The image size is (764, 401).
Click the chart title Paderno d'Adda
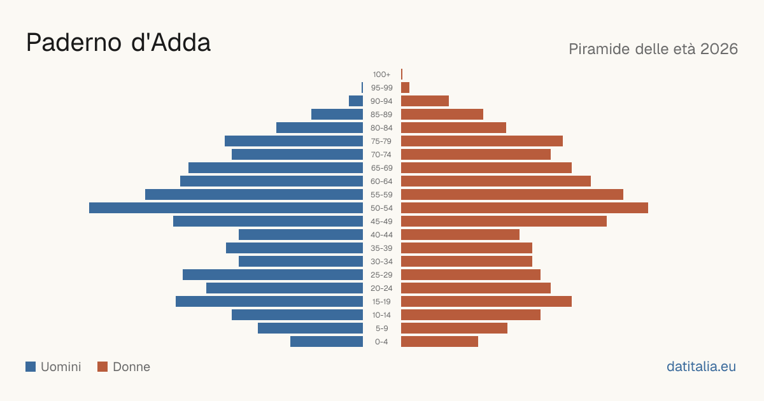click(118, 43)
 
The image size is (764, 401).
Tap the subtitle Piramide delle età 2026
click(653, 49)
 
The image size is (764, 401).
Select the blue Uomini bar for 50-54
click(226, 208)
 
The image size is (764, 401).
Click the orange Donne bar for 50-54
click(525, 208)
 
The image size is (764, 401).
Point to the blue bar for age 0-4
click(327, 342)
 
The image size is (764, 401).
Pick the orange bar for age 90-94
click(425, 101)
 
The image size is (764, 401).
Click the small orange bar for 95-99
click(405, 88)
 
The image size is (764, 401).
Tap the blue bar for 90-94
click(356, 101)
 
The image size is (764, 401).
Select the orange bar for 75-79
click(482, 141)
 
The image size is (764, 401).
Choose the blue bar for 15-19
click(269, 302)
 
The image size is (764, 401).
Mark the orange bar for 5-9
click(455, 328)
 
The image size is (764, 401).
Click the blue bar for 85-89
click(337, 114)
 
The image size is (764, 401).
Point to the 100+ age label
click(381, 74)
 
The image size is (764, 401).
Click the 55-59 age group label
click(381, 195)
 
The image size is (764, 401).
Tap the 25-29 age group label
click(381, 275)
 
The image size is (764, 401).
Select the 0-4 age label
click(381, 342)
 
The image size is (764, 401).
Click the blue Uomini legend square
click(31, 367)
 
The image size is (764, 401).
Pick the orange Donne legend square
click(103, 367)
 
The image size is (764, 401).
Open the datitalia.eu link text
click(701, 367)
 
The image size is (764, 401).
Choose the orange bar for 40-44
click(460, 235)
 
